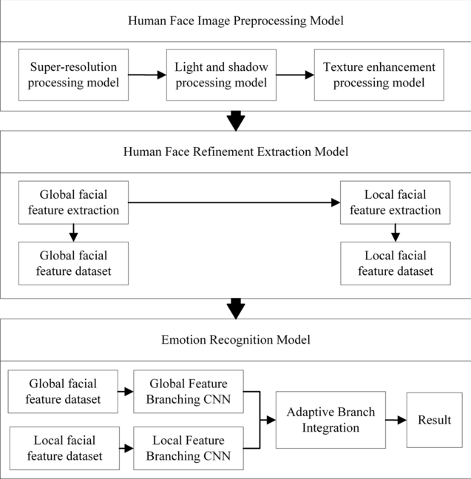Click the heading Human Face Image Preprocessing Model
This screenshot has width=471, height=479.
235,20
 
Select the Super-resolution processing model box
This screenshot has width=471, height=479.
73,75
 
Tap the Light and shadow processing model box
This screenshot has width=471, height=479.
220,75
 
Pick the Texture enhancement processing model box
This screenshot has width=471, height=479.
379,75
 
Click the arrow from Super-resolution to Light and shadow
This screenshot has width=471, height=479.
146,75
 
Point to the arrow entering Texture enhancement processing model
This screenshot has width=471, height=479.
296,75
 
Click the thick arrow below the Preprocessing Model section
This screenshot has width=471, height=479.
235,120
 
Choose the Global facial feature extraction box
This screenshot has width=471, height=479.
73,203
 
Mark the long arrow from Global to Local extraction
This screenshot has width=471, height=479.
234,203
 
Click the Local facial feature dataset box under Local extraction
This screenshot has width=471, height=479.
395,264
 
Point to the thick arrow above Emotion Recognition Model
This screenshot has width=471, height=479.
235,308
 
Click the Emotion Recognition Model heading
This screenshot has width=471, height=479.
235,340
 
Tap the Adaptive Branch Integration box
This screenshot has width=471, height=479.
331,420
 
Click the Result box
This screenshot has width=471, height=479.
433,420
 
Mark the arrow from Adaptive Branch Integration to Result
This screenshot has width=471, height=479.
396,420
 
